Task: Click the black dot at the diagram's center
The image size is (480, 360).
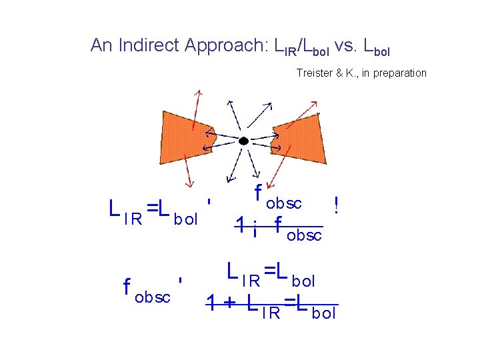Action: coord(244,141)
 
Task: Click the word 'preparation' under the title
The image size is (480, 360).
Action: coord(400,73)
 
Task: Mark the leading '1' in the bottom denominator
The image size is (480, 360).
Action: coord(211,304)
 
